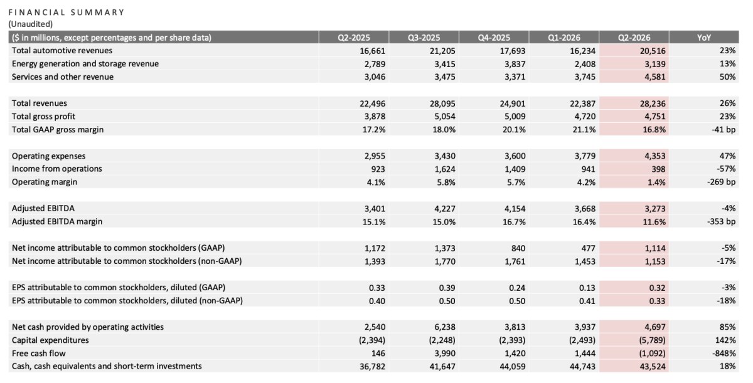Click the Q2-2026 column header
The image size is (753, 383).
[634, 38]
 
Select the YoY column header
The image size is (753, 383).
[704, 38]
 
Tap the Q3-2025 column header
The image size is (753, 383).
[424, 38]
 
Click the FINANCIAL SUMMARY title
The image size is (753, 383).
[67, 13]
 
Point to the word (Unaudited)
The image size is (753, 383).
[31, 24]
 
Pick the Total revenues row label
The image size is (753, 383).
[40, 103]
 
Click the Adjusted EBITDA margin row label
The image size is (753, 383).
[57, 221]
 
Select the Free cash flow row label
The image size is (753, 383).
[39, 353]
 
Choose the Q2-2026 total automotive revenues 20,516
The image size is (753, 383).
[653, 51]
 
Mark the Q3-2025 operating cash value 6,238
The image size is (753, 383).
[445, 327]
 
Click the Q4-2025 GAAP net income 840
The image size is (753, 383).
[518, 248]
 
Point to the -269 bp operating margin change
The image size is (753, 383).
[721, 182]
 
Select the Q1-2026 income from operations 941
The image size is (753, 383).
[589, 169]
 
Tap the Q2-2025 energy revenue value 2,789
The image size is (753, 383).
[375, 64]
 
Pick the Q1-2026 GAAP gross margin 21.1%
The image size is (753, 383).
[584, 130]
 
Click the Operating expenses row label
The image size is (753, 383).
[49, 156]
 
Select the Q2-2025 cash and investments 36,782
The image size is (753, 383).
[373, 366]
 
